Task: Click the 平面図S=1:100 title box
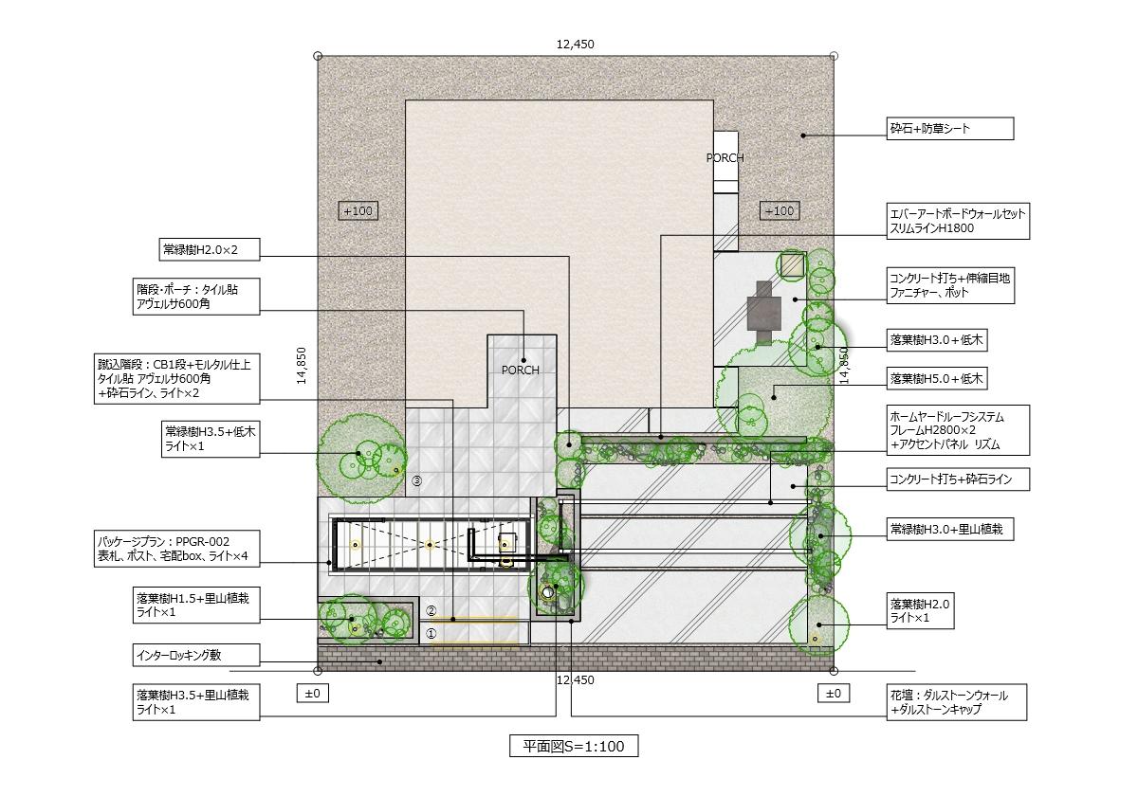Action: click(574, 746)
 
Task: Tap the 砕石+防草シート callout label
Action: click(950, 129)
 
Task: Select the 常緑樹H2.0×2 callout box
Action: click(210, 250)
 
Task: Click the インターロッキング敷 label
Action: click(196, 656)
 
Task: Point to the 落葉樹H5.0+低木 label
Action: click(937, 378)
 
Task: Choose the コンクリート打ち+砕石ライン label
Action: click(958, 479)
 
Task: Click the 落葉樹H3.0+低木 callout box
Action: click(937, 340)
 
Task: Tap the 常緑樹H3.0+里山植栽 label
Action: click(950, 530)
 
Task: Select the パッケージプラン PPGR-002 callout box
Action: click(176, 549)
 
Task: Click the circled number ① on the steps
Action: click(431, 634)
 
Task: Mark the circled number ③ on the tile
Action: click(416, 480)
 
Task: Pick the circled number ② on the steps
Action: click(431, 611)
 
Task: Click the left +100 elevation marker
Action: click(358, 210)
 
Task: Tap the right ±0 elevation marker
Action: click(834, 694)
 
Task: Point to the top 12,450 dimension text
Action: click(575, 45)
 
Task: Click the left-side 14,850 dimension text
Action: click(302, 366)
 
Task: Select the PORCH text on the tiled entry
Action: click(521, 371)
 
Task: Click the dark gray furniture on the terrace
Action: click(764, 312)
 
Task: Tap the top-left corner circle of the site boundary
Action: click(318, 56)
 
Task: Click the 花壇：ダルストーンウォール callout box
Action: click(957, 702)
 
